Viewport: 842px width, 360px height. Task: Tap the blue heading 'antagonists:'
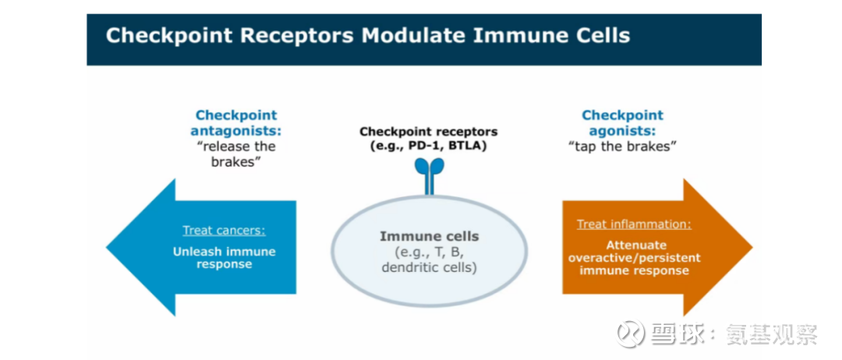tap(235, 131)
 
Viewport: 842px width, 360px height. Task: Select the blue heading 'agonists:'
tap(622, 131)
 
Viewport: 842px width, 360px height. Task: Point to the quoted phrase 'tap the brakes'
tap(622, 146)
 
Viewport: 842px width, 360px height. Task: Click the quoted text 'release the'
tap(235, 146)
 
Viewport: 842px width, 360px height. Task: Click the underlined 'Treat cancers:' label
tap(224, 231)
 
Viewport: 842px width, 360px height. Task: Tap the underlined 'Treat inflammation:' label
tap(634, 224)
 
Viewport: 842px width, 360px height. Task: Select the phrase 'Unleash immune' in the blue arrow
tap(224, 252)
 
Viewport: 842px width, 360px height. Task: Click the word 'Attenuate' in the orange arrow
tap(634, 245)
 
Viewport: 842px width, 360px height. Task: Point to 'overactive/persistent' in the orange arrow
tap(634, 258)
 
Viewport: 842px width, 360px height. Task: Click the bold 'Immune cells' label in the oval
tap(429, 236)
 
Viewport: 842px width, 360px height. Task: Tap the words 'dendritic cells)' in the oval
tap(429, 267)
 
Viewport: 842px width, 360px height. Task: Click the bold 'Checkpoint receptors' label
tap(428, 132)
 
